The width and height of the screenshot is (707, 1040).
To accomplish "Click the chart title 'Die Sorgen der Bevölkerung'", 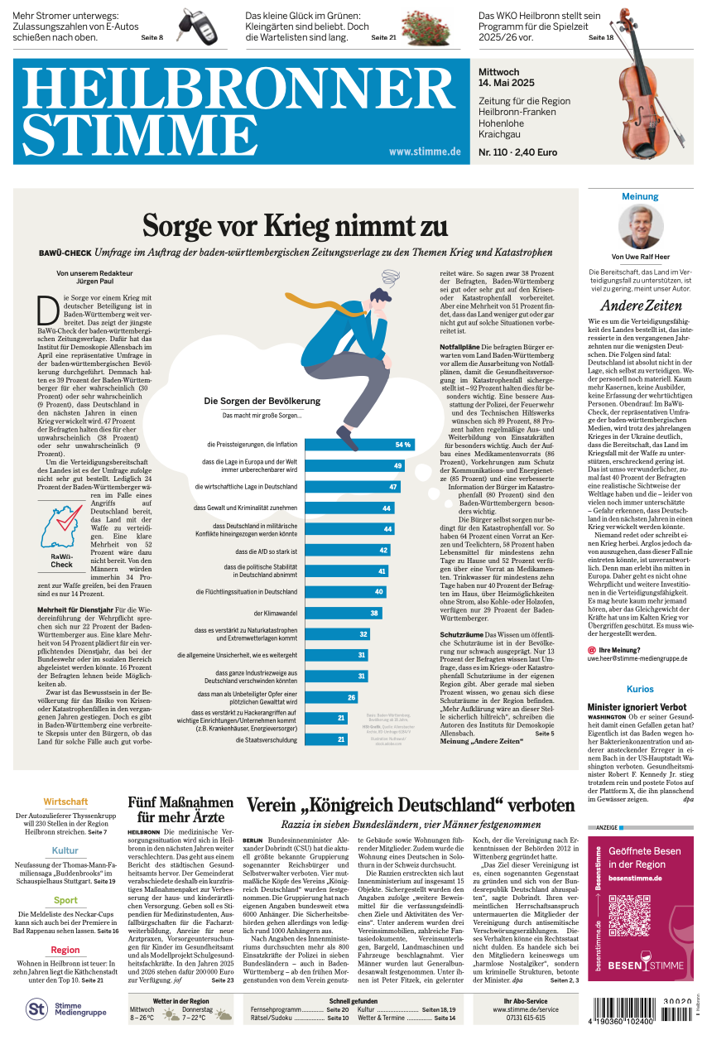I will [x=262, y=401].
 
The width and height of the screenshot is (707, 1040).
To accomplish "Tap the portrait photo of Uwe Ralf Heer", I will [x=641, y=228].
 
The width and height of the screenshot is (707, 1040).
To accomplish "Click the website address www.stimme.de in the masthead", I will [x=424, y=152].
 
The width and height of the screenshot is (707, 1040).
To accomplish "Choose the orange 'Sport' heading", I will [x=65, y=900].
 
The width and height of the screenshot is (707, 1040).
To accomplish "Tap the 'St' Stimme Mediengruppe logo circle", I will [x=36, y=1009].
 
